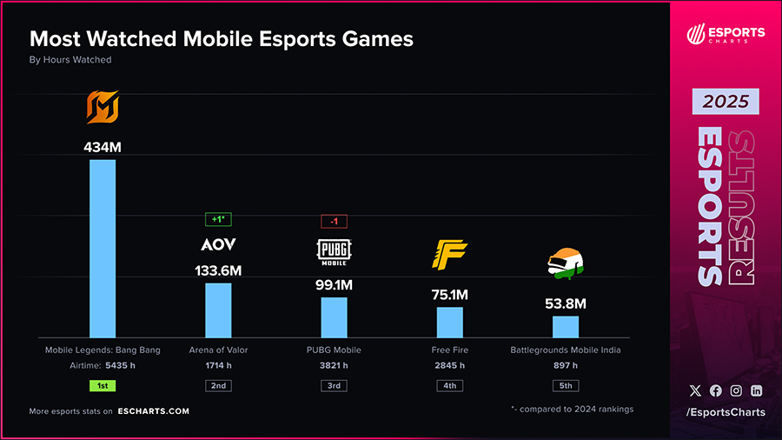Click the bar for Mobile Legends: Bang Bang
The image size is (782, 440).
(x=103, y=249)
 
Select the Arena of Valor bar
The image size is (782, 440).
(x=218, y=310)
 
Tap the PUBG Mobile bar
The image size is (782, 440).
(x=334, y=317)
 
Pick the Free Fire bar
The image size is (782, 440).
(x=449, y=323)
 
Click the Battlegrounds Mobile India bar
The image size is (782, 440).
(x=566, y=327)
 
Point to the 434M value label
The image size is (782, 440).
(x=103, y=147)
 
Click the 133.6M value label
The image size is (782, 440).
(x=218, y=270)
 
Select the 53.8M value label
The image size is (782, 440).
(x=566, y=303)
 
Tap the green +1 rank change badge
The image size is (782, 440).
(x=218, y=220)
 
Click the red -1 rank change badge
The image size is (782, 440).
(x=334, y=221)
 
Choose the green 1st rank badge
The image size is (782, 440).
(x=103, y=385)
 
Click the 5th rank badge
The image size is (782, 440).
(x=566, y=385)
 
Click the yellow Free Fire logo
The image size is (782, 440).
(x=449, y=254)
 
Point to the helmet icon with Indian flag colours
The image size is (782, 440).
(x=566, y=263)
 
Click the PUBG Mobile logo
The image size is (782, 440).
(x=334, y=250)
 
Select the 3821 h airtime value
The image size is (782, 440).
(x=334, y=366)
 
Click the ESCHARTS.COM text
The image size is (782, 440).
(x=155, y=411)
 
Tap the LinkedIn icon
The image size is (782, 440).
(x=757, y=391)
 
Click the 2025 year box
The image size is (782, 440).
(x=726, y=102)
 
